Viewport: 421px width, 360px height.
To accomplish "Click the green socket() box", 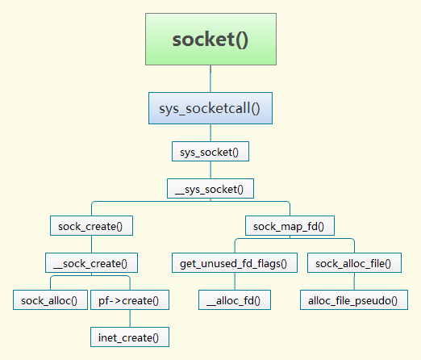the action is [x=210, y=39].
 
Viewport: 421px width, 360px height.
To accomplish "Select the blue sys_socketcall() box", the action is [x=210, y=108].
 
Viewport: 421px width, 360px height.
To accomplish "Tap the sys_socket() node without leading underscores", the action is [x=210, y=152].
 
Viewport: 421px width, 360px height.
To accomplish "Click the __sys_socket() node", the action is [x=210, y=189].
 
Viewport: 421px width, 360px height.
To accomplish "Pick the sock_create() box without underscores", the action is [x=91, y=226].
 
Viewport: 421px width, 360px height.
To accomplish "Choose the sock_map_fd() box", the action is [x=290, y=226].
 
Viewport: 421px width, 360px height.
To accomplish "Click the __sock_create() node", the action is [x=91, y=263].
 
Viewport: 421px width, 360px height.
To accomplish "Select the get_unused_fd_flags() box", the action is [x=235, y=263].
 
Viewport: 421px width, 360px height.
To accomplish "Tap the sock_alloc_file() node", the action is [x=354, y=263].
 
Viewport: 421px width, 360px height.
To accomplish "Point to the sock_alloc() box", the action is [x=50, y=300].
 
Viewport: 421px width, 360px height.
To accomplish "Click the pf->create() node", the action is [x=130, y=300].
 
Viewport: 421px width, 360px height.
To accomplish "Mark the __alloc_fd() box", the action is [x=235, y=300].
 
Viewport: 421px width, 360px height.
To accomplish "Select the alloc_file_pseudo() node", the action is [x=354, y=300].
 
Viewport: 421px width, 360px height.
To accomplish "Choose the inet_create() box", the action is [x=130, y=337].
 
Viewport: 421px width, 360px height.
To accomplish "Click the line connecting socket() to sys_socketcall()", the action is [x=210, y=79].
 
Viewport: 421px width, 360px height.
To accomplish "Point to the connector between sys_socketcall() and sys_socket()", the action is [x=210, y=133].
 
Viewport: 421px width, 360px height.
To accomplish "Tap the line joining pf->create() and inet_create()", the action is [x=130, y=319].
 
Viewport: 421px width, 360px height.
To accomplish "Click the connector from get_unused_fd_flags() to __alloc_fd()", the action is [x=235, y=282].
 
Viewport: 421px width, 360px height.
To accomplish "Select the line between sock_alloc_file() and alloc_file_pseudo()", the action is [x=354, y=282].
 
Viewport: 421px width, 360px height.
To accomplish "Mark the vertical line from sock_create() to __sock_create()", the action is [x=91, y=245].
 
